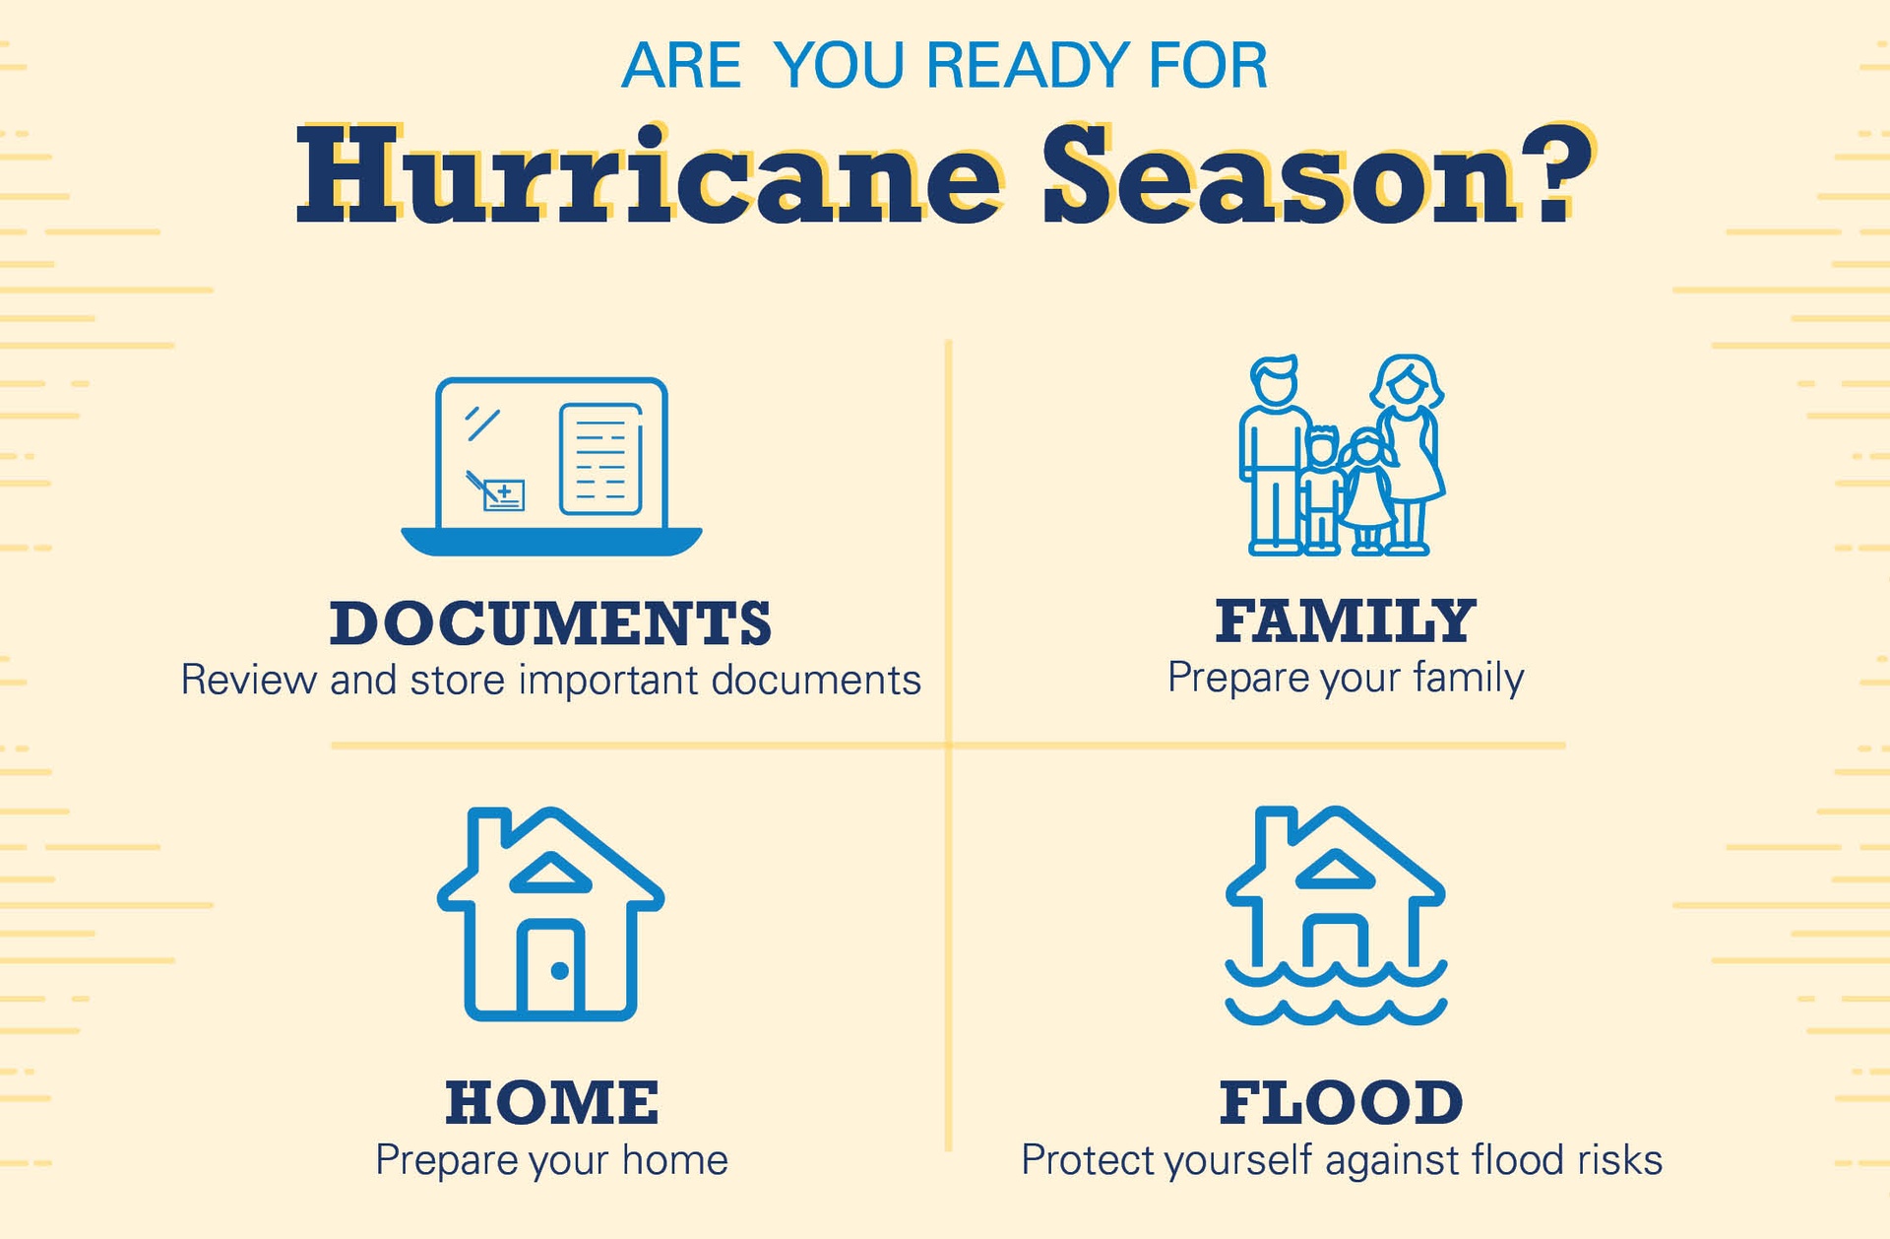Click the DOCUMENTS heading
(550, 622)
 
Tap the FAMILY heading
(1346, 620)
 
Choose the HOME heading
(551, 1102)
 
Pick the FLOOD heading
(1342, 1102)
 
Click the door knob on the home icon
(559, 971)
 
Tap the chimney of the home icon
(488, 835)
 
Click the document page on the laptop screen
(600, 459)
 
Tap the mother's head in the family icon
(1408, 382)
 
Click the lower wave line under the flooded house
(1336, 1011)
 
